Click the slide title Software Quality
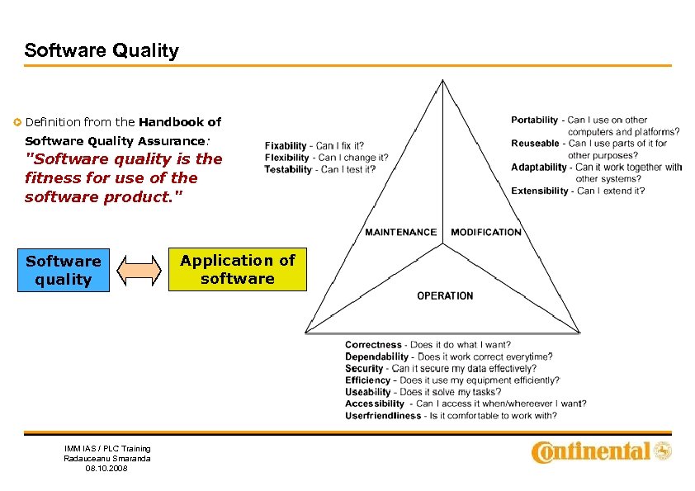(102, 50)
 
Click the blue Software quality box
(63, 271)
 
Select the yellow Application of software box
(238, 270)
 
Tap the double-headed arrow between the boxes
(139, 271)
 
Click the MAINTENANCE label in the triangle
(400, 232)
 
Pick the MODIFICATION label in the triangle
(486, 232)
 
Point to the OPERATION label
(445, 295)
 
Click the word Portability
(534, 120)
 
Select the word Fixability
(286, 146)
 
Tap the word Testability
(288, 169)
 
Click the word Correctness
(373, 345)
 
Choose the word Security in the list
(364, 369)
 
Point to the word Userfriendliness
(383, 416)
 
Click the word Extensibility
(540, 191)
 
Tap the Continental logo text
(591, 451)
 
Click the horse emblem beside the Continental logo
(663, 451)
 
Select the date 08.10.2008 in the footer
(107, 469)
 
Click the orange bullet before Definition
(17, 122)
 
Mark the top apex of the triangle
(443, 80)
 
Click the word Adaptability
(539, 167)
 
